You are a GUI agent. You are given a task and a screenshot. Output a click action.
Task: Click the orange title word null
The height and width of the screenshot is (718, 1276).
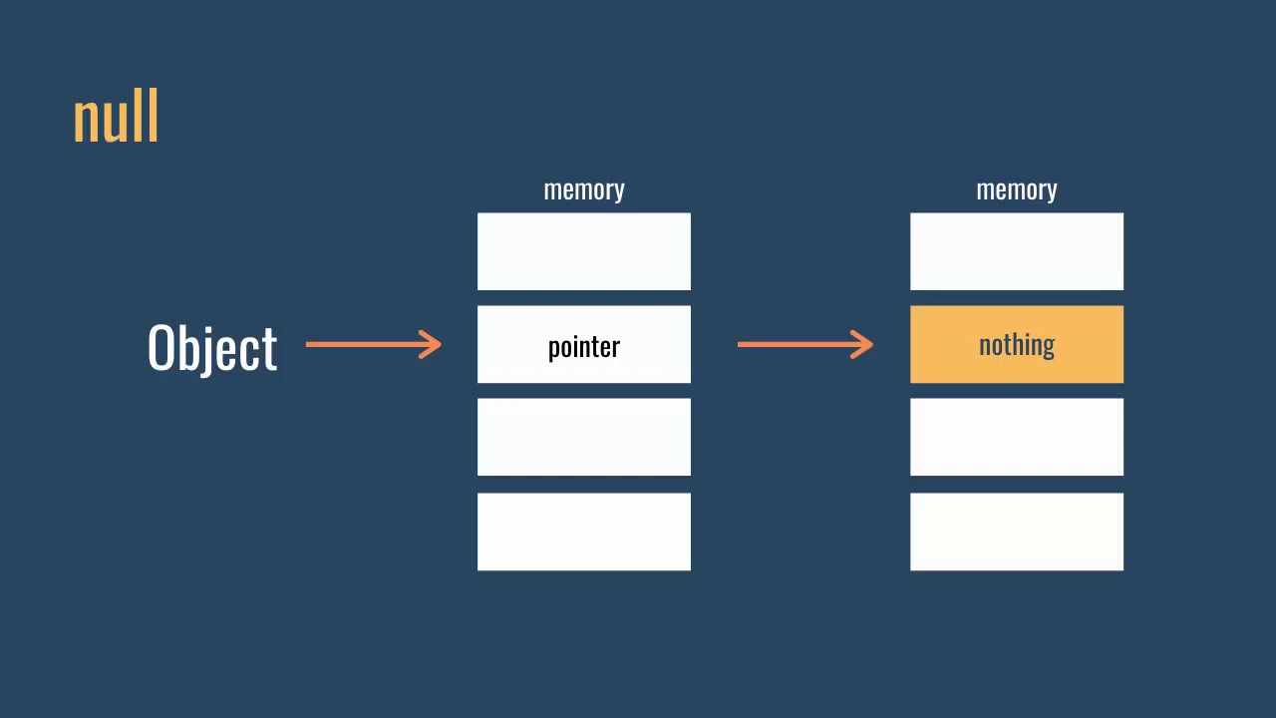116,118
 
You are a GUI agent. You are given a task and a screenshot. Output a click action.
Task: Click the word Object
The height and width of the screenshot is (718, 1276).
212,348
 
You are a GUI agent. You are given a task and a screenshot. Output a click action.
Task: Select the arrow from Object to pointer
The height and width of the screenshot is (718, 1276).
373,344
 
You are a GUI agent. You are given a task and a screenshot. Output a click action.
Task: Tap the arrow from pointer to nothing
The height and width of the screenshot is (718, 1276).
804,344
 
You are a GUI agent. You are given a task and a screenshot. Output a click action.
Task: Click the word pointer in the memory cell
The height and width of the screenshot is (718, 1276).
584,347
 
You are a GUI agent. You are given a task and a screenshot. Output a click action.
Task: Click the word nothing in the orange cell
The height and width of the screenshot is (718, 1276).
1017,345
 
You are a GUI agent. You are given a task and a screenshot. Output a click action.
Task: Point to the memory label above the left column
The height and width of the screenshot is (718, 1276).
584,189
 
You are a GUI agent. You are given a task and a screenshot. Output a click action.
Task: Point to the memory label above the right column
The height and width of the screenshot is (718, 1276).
1017,189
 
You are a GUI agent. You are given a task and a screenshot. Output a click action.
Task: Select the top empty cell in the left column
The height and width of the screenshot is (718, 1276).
584,251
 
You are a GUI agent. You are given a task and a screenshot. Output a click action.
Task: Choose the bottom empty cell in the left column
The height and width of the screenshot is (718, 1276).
584,532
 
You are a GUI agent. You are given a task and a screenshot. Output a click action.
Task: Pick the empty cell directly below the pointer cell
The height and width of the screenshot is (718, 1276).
584,437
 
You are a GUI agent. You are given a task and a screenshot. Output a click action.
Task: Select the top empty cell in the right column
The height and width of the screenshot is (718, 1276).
1017,251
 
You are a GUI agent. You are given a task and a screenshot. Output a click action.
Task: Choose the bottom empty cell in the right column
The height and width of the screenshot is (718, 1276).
1017,532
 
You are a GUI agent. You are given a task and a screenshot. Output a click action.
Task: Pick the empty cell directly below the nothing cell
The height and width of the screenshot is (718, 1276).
1017,437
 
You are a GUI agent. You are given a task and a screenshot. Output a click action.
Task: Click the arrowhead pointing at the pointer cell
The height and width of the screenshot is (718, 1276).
432,344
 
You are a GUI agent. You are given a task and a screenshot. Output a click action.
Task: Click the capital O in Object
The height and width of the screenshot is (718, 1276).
161,347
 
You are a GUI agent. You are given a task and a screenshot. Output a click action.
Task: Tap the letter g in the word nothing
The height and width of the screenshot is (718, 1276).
1048,348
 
